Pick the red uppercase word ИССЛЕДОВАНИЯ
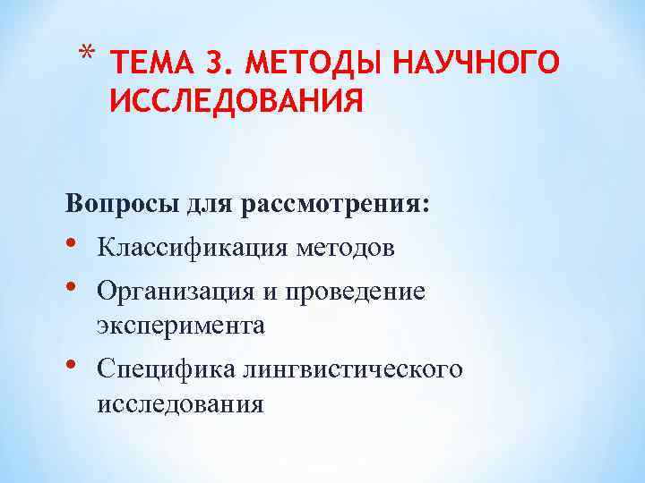236,101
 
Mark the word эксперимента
181,326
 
